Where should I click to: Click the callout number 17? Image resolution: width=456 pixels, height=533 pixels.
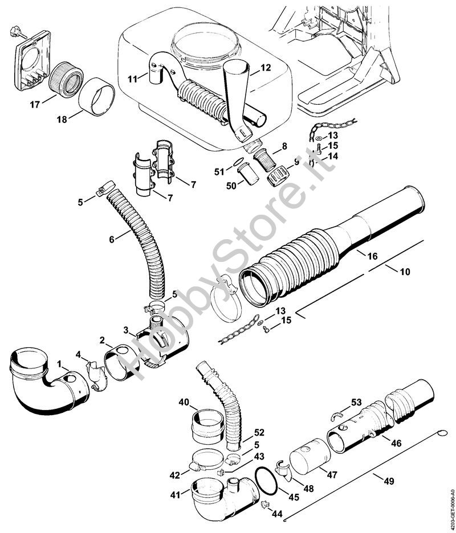[x=35, y=104]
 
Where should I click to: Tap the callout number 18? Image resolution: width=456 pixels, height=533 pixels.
[x=62, y=120]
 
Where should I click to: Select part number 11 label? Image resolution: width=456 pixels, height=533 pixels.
[x=133, y=79]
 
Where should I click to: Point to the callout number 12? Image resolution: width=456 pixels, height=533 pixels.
[x=266, y=68]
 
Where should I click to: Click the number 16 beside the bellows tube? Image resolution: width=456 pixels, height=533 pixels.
[x=373, y=256]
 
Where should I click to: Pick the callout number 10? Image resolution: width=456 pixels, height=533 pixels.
[x=405, y=272]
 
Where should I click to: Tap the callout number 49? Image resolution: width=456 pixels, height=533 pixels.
[x=389, y=481]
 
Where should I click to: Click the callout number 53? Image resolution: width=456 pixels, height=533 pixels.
[x=356, y=403]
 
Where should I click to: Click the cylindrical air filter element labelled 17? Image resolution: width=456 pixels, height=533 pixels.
[x=66, y=79]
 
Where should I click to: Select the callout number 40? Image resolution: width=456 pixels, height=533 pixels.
[x=184, y=402]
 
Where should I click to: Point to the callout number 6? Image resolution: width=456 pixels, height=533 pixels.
[x=112, y=239]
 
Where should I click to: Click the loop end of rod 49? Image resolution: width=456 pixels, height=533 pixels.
[x=443, y=433]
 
